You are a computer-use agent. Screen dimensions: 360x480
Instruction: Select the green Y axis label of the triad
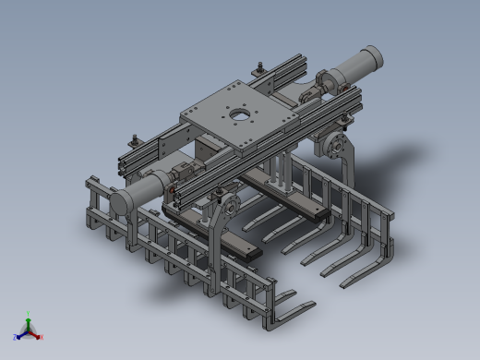pos(29,314)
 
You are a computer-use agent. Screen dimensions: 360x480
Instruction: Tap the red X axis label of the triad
pos(42,337)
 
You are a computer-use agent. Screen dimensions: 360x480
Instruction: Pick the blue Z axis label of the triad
pos(16,338)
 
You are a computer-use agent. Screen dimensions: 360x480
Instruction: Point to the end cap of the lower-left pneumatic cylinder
pos(120,201)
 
